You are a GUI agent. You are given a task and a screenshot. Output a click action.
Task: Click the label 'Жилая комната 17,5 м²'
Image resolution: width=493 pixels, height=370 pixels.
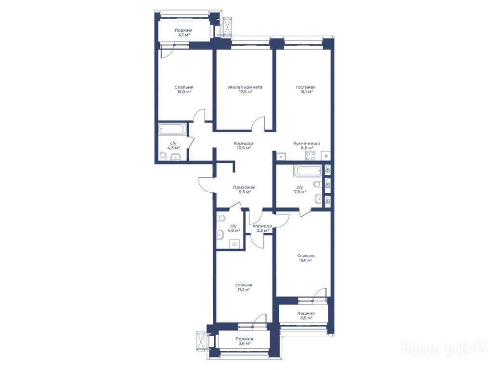(245, 89)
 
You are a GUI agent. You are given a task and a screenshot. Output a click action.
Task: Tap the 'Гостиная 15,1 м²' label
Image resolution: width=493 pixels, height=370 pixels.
(306, 89)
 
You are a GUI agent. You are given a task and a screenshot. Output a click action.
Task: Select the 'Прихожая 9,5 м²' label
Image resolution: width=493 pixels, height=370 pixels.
(244, 189)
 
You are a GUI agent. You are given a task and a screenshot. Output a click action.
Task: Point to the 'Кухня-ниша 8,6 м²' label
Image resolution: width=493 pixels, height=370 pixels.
(307, 145)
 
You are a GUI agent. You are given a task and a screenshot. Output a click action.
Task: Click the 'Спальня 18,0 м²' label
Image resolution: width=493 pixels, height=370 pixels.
(306, 258)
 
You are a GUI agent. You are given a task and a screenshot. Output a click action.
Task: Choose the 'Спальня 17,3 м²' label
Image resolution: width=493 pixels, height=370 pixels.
(244, 287)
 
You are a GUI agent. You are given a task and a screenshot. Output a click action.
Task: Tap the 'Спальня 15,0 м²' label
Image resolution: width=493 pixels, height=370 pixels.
(184, 89)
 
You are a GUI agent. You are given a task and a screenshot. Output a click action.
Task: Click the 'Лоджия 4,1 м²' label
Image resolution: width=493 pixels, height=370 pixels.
(183, 32)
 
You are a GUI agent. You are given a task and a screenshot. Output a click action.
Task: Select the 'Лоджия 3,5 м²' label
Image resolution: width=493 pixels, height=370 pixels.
(306, 315)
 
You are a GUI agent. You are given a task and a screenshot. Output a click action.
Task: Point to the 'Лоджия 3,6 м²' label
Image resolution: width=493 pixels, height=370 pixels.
(244, 341)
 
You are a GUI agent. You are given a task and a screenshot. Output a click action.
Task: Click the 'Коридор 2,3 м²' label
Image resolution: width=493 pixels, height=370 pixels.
(262, 228)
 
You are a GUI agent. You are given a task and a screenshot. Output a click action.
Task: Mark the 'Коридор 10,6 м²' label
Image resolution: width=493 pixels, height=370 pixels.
(243, 145)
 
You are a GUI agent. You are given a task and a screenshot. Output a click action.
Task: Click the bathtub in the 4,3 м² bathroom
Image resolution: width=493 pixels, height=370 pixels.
(173, 129)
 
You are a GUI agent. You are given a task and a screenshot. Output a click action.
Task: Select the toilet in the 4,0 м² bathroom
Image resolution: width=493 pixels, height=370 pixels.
(221, 218)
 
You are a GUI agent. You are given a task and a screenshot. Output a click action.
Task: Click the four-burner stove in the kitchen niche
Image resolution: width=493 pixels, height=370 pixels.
(311, 156)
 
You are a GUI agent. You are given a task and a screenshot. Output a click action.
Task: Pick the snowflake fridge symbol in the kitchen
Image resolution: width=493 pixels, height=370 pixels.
(326, 156)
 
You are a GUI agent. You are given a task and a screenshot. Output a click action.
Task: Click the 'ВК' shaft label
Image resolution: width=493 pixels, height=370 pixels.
(327, 170)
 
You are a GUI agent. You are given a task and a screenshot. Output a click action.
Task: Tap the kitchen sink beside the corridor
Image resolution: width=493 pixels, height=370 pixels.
(281, 156)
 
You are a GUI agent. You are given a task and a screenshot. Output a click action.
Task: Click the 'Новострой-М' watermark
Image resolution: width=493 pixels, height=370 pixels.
(444, 348)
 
